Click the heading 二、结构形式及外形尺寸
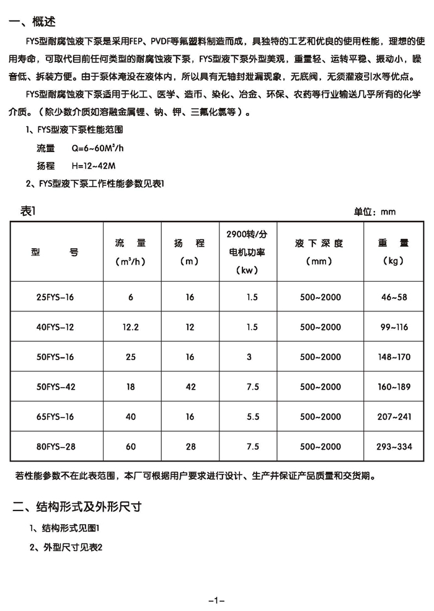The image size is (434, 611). coord(77,507)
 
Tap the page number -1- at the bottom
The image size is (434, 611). coord(216,600)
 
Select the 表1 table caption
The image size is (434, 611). coord(29,212)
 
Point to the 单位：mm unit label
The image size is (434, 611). coord(374,212)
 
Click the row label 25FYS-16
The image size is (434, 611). coord(56,298)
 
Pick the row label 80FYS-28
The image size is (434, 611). coord(56,446)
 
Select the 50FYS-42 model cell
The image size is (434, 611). coord(56,386)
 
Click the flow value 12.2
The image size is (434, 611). coord(131,328)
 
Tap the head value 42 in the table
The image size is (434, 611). coord(190,386)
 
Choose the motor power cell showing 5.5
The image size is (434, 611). coord(252,416)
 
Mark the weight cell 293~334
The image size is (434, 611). coord(394,446)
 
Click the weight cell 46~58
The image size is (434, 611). coord(394,298)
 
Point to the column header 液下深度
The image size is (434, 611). coord(319,243)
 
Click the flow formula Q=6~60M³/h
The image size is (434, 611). coord(98,148)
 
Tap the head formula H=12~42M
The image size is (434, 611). coord(94,166)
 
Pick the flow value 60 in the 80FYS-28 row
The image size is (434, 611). coord(131,446)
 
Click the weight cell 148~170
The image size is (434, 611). coord(394,357)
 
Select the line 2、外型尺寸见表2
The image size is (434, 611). coord(65,548)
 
